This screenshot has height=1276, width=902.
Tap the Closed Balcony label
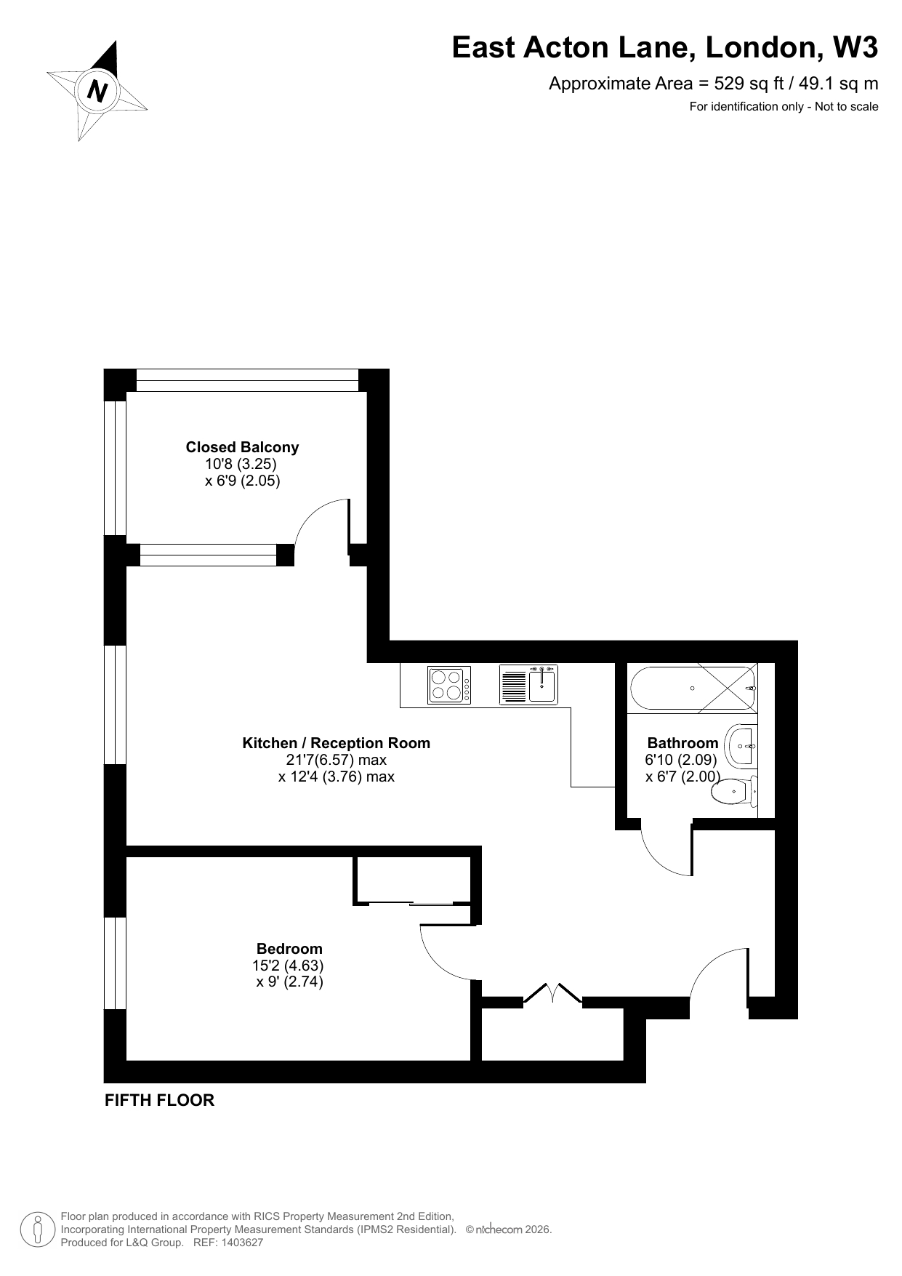tap(242, 447)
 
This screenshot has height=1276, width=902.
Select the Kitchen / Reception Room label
tap(336, 743)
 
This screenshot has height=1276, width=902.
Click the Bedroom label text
tap(289, 949)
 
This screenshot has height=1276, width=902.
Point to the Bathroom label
tap(682, 743)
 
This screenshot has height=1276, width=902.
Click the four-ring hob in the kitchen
tap(449, 685)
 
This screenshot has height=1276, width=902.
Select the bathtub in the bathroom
tap(693, 688)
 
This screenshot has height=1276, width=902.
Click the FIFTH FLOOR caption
tap(160, 1100)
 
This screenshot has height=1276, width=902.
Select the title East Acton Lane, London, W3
tap(665, 48)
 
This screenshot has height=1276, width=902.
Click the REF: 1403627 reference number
tap(227, 1243)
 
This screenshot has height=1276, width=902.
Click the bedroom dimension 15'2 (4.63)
tap(288, 966)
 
